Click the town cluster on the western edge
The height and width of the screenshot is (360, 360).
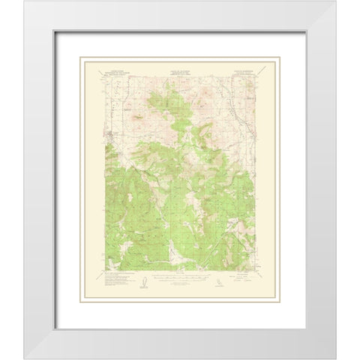[x=109, y=136]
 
